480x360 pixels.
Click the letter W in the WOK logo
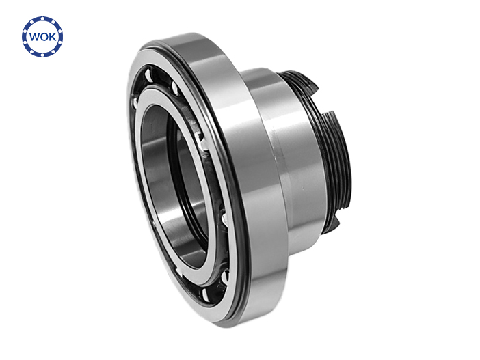[34, 37]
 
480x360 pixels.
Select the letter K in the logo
[53, 37]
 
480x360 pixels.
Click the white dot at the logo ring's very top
[42, 18]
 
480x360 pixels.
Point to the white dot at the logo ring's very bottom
[42, 55]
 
